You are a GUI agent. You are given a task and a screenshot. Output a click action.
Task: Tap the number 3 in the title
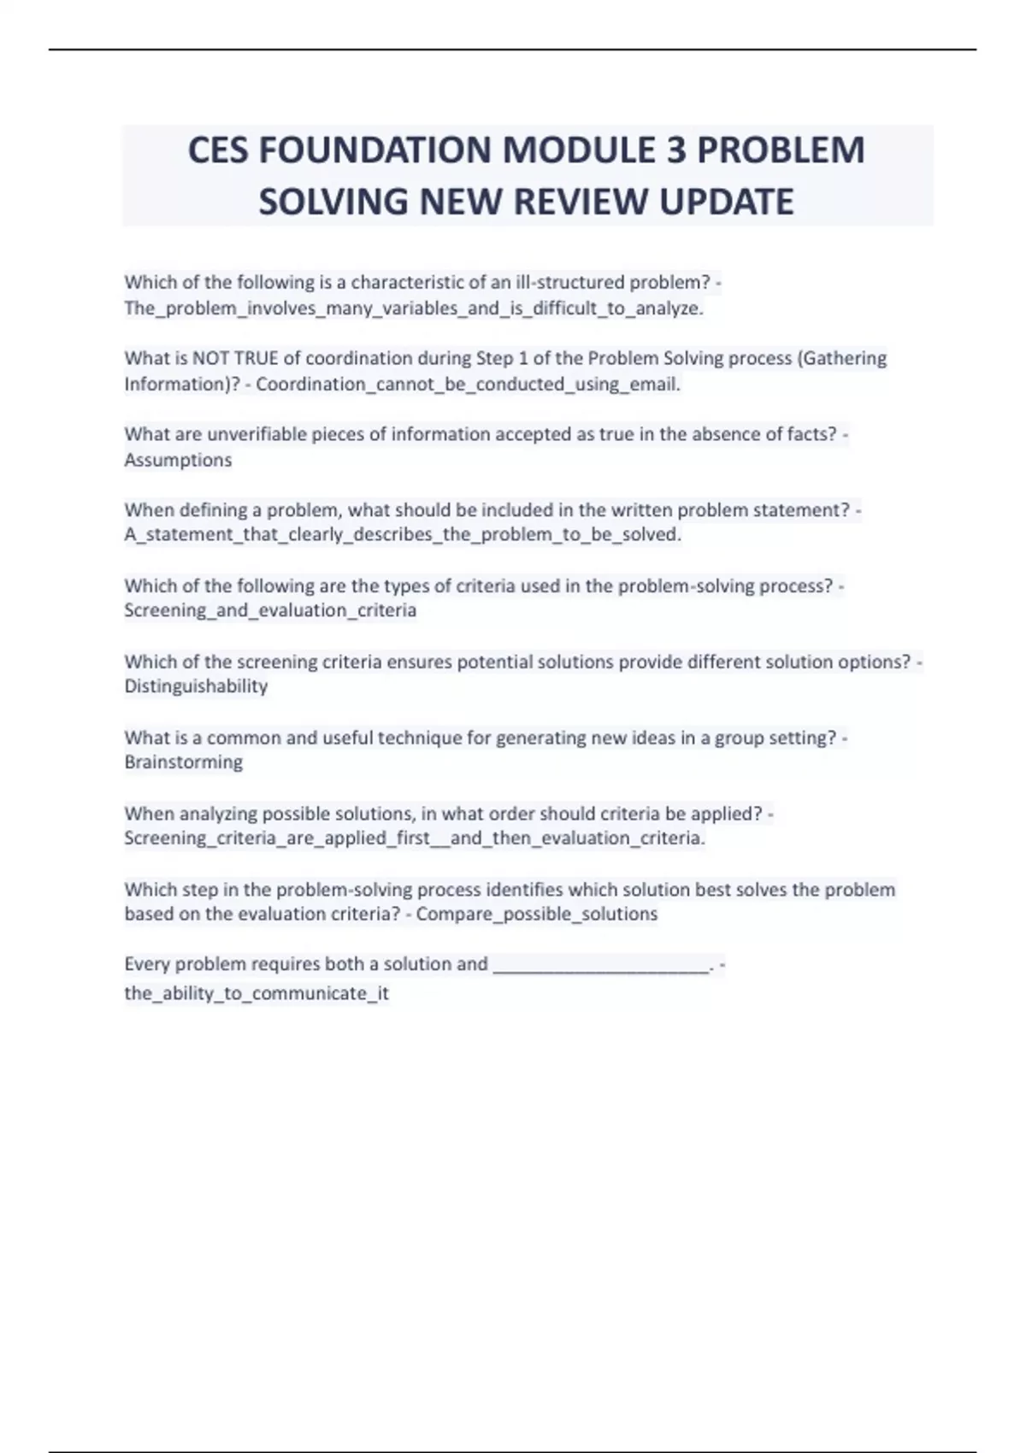[x=675, y=150]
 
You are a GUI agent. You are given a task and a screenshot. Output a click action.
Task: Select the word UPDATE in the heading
[x=726, y=202]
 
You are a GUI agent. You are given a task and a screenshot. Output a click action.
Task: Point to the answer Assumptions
[x=178, y=460]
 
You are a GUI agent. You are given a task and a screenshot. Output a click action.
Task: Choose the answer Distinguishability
[x=196, y=686]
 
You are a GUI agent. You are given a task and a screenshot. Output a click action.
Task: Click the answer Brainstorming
[x=183, y=762]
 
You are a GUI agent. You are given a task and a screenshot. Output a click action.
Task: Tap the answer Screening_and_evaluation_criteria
[x=270, y=610]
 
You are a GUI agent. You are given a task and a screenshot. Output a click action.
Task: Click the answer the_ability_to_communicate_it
[x=256, y=993]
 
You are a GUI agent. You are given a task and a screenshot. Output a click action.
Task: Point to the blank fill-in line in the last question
[x=601, y=966]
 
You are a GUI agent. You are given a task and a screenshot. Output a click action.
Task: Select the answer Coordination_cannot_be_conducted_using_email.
[x=468, y=385]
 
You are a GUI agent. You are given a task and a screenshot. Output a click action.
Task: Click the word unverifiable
[x=256, y=434]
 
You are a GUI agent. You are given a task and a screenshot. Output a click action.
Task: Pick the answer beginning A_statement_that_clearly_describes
[x=403, y=535]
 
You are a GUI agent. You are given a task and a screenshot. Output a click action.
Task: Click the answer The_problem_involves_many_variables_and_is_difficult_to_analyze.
[x=413, y=309]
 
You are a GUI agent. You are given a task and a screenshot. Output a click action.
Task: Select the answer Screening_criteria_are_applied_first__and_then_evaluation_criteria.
[x=415, y=838]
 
